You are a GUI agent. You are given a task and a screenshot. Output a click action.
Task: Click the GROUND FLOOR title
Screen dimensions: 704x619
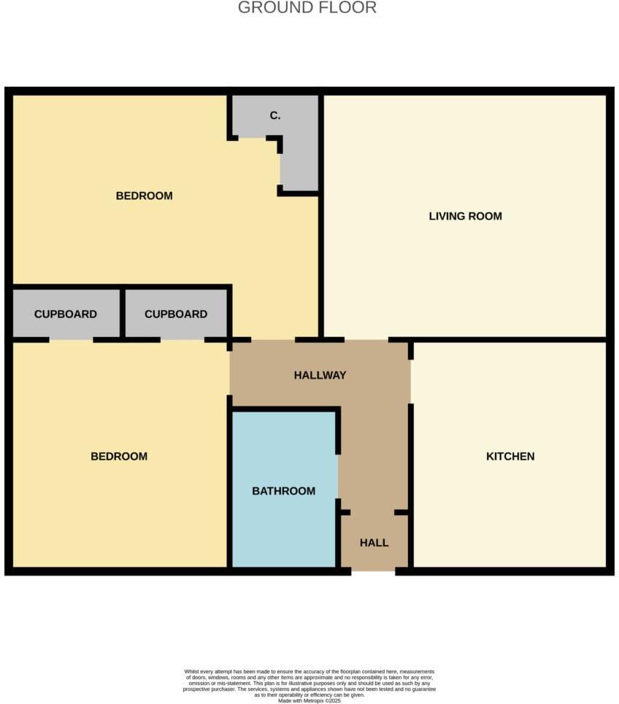307,8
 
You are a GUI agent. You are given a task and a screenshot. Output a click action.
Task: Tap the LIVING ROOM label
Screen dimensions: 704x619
465,216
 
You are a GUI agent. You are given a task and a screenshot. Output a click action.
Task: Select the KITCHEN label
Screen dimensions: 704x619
510,456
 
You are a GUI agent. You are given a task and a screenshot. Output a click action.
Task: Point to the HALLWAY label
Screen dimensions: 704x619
320,375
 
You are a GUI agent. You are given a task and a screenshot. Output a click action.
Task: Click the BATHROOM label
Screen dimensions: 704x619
283,491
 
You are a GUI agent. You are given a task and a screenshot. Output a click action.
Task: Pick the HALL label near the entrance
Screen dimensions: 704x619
374,543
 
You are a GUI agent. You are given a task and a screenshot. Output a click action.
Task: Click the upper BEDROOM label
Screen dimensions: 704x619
144,196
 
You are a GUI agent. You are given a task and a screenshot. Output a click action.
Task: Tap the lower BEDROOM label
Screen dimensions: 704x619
119,456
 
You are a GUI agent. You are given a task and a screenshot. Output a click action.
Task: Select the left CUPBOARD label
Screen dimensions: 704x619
66,314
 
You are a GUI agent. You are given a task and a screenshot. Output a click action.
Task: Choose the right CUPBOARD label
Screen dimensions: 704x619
176,314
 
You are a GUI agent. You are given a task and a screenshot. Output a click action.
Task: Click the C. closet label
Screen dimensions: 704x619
275,115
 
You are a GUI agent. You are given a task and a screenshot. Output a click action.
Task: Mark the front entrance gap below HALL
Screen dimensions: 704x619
373,570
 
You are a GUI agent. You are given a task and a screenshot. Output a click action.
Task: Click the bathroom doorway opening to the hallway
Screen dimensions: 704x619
338,477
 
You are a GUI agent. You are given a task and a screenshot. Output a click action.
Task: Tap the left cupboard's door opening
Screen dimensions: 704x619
71,339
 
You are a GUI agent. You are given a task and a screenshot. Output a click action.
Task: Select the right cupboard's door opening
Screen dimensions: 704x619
182,339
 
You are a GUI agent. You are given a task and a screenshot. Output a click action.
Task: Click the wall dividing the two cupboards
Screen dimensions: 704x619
123,314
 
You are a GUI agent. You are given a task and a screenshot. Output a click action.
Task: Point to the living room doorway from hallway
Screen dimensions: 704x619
366,339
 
